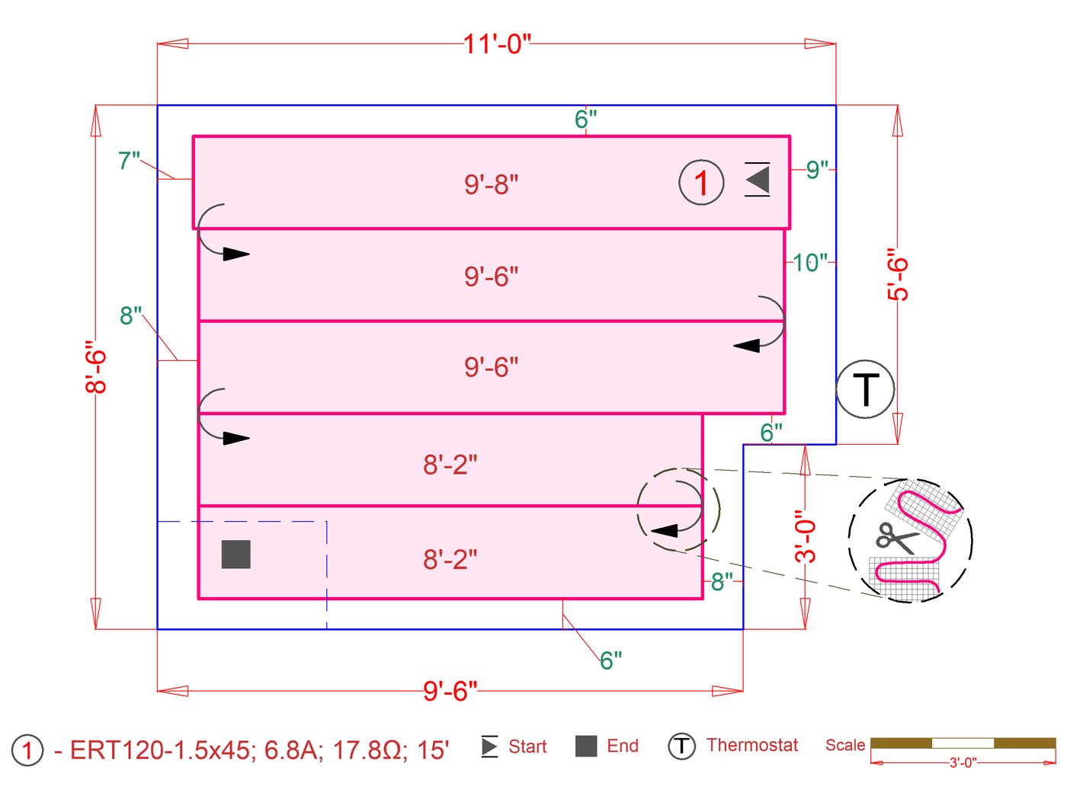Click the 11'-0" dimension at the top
point(497,44)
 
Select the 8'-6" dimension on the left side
point(96,366)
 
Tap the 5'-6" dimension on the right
point(899,274)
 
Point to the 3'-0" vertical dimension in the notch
point(806,536)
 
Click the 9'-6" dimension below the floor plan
point(450,691)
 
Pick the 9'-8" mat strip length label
point(491,184)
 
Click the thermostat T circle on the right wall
point(865,389)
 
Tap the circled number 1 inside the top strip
point(701,183)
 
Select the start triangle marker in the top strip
point(758,180)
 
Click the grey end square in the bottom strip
point(236,555)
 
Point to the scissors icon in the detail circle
point(897,538)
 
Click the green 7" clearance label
point(129,161)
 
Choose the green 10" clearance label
point(809,263)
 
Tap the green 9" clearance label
point(817,170)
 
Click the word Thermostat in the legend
point(751,745)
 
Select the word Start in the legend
point(527,746)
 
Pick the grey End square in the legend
point(586,746)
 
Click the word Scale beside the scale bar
point(844,745)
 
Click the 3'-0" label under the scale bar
point(963,762)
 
